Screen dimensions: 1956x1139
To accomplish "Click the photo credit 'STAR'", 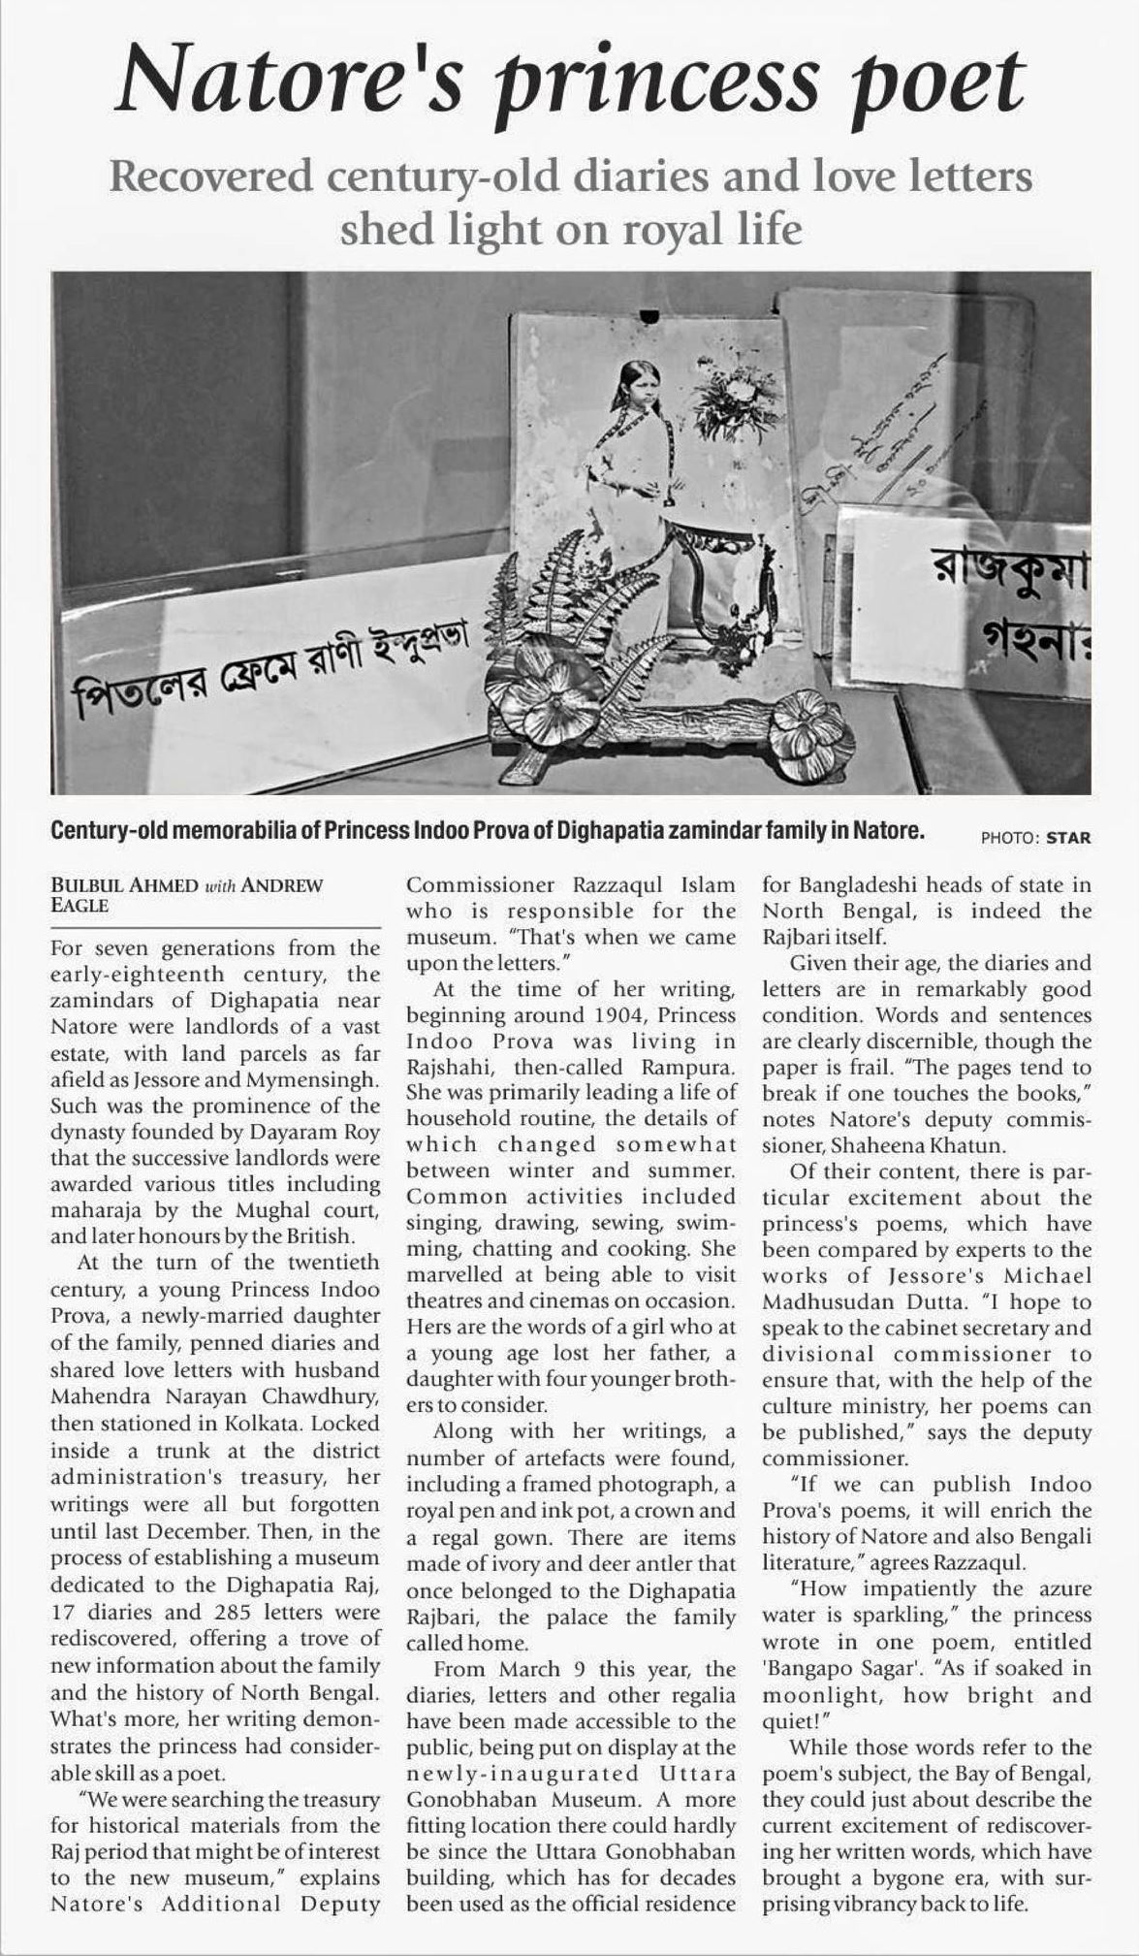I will [1068, 838].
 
